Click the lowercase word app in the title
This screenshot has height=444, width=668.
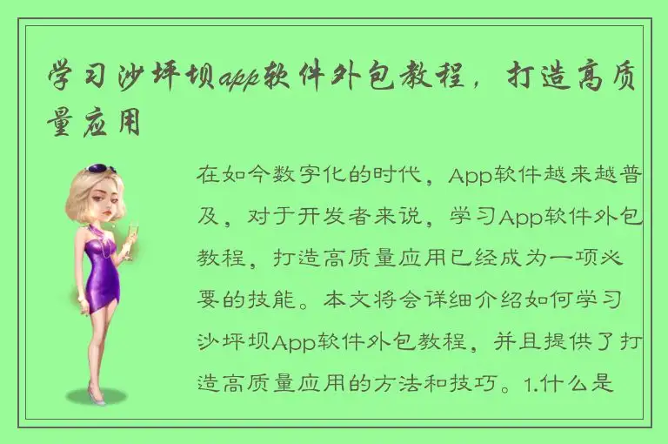click(244, 79)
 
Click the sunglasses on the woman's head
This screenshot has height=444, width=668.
click(101, 169)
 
